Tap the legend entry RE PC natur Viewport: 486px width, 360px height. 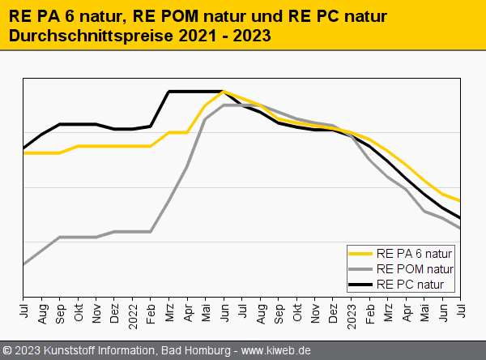(414, 283)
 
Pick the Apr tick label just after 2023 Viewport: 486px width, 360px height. (406, 312)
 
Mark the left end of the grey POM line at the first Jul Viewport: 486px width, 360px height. (23, 264)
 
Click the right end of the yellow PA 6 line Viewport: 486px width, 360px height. (460, 201)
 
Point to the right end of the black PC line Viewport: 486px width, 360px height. (460, 218)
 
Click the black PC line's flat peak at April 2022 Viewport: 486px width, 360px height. (187, 92)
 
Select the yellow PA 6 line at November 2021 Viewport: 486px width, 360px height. (96, 146)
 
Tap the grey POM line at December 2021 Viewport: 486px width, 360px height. (114, 232)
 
